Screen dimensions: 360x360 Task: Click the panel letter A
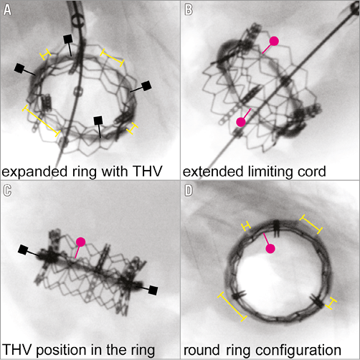pos(7,10)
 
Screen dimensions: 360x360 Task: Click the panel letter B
pos(189,10)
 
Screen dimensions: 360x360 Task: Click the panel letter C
pos(7,191)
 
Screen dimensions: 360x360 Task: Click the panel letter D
pos(189,191)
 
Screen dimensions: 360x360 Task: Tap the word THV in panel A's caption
pos(148,171)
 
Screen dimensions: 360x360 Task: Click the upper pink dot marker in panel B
pos(274,41)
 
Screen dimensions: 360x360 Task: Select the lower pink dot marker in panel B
pos(241,122)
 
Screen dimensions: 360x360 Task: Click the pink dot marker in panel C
pos(80,242)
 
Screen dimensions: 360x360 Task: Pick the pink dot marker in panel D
pos(270,249)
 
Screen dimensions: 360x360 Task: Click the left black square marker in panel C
pos(23,250)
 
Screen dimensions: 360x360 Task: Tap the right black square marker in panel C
pos(153,290)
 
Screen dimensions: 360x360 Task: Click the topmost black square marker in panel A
pos(67,39)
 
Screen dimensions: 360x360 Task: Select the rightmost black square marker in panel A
pos(146,86)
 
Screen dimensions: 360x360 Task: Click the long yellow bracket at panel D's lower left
pos(232,307)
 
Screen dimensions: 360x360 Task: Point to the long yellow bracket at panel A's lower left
pos(41,120)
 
